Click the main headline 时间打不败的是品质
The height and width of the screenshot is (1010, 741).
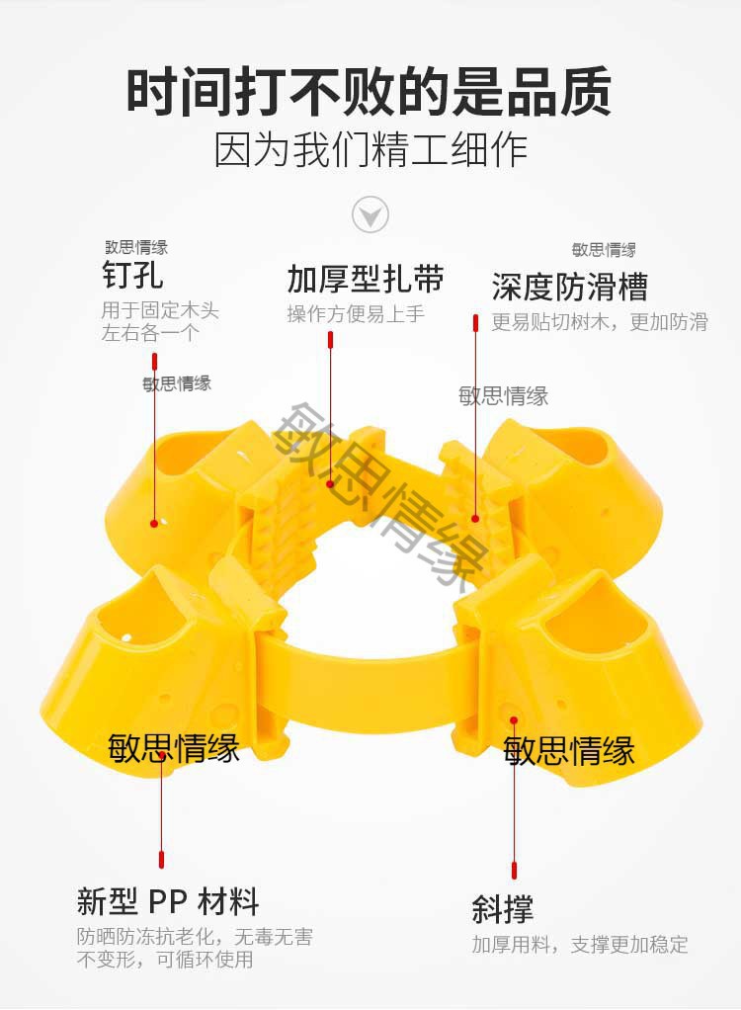[370, 92]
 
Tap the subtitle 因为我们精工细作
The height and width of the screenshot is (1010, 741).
[370, 149]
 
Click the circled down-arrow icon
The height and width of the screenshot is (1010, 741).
[370, 213]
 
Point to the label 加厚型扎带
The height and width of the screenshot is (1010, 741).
[366, 280]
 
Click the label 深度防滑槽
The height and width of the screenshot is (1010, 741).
[569, 287]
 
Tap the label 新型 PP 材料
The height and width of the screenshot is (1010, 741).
[168, 901]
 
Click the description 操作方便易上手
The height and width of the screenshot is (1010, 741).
[356, 314]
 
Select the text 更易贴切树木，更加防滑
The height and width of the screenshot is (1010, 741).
[600, 321]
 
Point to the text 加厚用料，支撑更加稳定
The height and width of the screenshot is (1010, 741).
[580, 944]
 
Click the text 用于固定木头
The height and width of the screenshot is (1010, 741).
[160, 310]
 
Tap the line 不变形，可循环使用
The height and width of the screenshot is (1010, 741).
[165, 960]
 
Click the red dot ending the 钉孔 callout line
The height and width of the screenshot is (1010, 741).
[153, 523]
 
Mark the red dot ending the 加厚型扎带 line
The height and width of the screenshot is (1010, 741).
[330, 483]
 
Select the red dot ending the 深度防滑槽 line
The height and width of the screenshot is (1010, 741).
[475, 517]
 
